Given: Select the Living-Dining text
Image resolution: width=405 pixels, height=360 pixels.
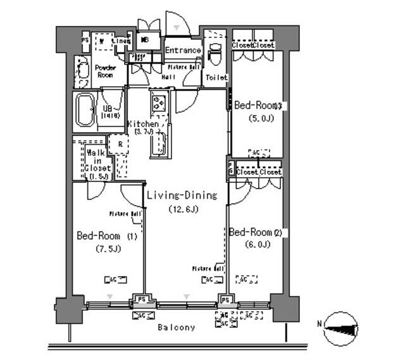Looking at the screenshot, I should (182, 196).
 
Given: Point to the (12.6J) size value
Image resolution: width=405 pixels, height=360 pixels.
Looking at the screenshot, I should (182, 209).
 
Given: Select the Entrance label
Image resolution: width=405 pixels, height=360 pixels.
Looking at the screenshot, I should (183, 51).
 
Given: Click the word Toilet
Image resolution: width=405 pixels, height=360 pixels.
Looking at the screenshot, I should (216, 77).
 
